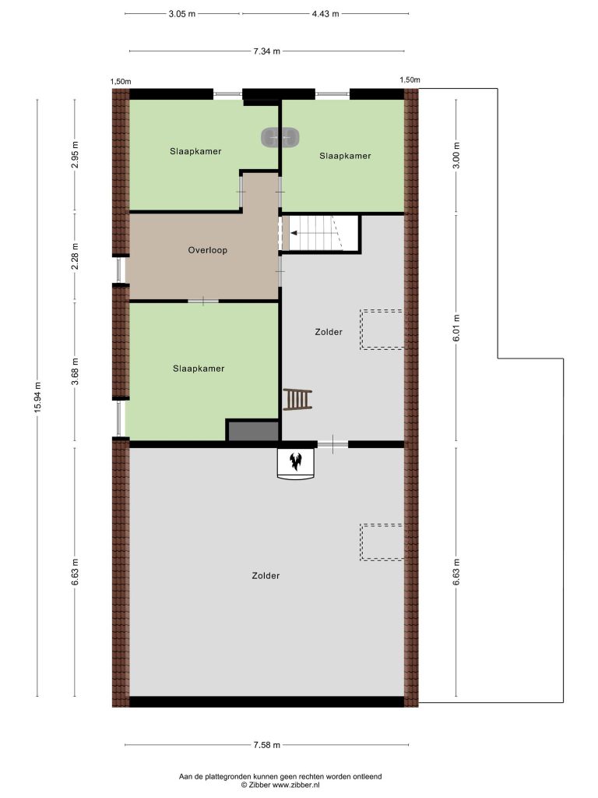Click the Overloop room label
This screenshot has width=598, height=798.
coord(207,250)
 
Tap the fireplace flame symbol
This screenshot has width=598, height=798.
coord(295,461)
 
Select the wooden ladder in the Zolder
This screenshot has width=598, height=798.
coord(297,399)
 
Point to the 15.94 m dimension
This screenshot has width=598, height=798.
coord(37,398)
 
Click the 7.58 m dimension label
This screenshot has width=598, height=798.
coord(267,745)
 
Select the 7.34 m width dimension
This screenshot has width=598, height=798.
coord(267,51)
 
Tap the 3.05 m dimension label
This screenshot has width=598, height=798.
coord(182,14)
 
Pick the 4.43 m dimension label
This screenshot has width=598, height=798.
coord(325,14)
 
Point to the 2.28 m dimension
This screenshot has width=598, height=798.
coord(75,257)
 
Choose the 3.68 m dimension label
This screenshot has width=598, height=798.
coord(75,372)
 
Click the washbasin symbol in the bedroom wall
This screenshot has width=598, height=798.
coord(280,137)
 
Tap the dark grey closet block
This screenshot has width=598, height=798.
coord(253,430)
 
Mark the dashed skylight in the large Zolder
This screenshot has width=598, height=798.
coord(382,542)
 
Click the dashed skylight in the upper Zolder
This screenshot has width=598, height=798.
coord(382,330)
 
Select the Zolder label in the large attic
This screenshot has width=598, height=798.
coord(266,576)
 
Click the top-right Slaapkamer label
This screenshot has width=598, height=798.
coord(345,156)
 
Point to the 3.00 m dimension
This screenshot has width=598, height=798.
coord(456,155)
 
